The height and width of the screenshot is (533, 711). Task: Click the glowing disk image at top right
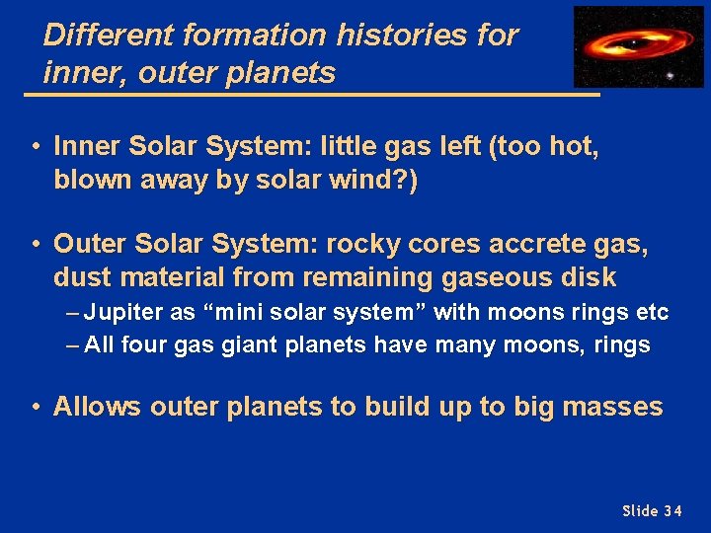(639, 46)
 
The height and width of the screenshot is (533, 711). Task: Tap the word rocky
(363, 244)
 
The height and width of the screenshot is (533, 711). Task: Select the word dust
(84, 277)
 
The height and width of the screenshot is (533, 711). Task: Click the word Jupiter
(125, 313)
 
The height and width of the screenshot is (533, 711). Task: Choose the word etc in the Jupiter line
(653, 313)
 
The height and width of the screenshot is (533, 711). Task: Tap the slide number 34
(671, 510)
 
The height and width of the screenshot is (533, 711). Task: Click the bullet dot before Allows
(35, 408)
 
